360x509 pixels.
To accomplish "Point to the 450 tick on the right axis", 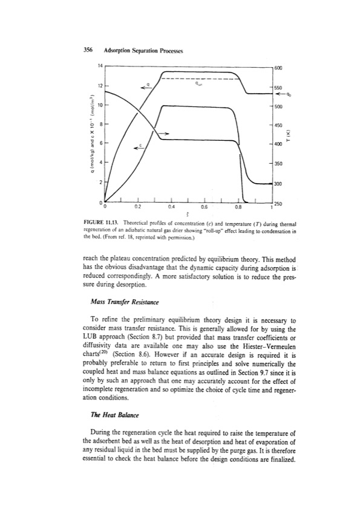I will click(278, 126).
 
